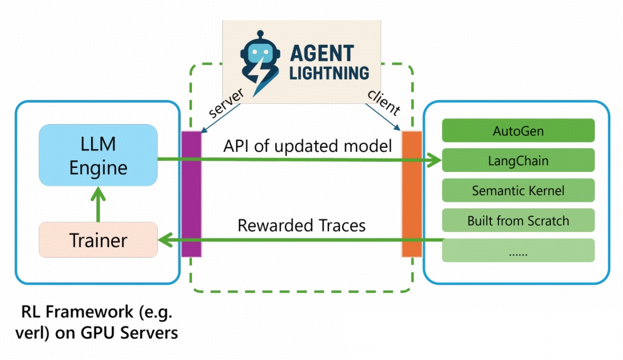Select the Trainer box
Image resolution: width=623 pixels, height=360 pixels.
pos(98,239)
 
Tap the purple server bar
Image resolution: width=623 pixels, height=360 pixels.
pos(192,194)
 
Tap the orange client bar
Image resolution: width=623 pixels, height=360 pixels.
pos(412,194)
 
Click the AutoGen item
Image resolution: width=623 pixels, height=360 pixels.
pos(518,130)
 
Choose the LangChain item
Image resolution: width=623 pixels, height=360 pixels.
pos(518,160)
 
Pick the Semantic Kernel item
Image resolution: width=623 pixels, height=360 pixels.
pos(518,190)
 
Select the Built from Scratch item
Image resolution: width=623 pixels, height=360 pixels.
pos(518,220)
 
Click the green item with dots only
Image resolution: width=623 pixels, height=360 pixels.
pos(518,251)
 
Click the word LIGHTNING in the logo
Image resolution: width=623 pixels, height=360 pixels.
pos(329,73)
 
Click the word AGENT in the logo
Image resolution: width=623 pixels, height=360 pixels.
pos(322,53)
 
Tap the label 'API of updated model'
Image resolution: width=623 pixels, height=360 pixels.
pos(307,146)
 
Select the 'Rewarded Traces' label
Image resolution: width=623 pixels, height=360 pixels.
pos(302,225)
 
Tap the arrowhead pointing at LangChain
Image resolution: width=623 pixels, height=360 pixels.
pos(434,160)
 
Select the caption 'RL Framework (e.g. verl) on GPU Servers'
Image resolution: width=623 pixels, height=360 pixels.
pos(97,322)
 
